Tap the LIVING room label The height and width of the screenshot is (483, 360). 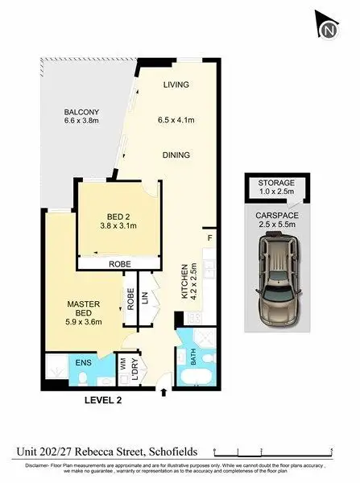click(176, 84)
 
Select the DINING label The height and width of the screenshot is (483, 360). click(175, 155)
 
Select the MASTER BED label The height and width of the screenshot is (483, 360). click(82, 308)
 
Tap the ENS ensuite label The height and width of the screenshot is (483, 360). click(82, 363)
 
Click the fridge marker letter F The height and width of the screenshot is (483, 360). click(209, 238)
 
